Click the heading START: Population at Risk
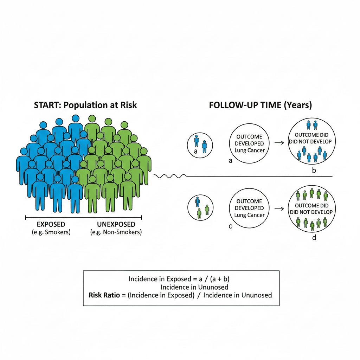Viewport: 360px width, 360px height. click(x=85, y=105)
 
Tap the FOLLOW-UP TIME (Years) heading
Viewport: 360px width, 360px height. click(x=260, y=105)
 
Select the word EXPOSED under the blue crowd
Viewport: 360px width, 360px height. click(x=51, y=225)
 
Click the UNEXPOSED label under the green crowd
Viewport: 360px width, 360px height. click(x=116, y=225)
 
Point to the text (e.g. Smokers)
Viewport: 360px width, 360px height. click(x=51, y=232)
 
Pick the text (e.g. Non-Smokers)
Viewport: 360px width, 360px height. click(x=116, y=232)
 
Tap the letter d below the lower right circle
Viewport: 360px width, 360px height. click(x=314, y=238)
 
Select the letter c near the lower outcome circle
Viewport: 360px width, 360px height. click(x=230, y=226)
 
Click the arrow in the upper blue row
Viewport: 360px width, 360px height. click(x=279, y=143)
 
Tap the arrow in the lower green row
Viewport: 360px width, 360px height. click(x=279, y=208)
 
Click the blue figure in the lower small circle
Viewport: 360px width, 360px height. click(x=198, y=201)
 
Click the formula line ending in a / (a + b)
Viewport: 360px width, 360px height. click(x=179, y=279)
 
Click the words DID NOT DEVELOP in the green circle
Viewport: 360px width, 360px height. click(x=310, y=212)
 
